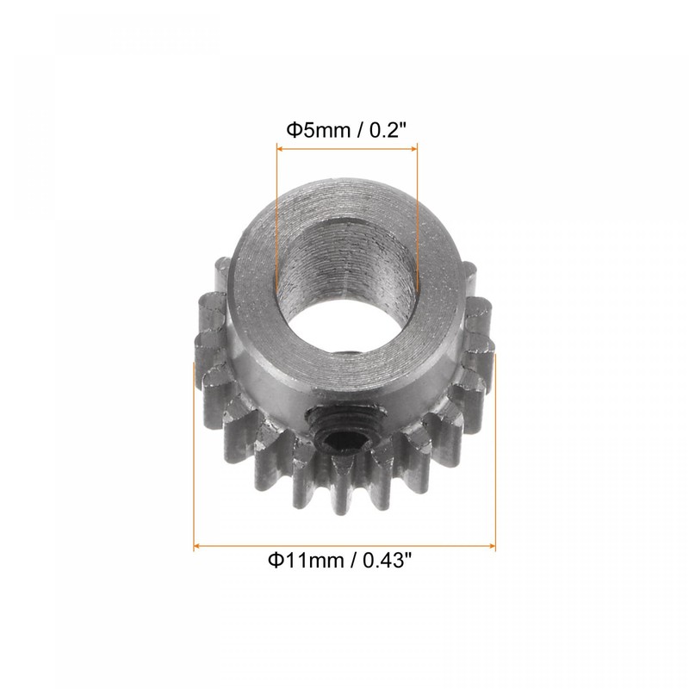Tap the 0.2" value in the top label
point(385,130)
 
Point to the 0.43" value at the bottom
point(387,561)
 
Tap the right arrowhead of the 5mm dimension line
point(414,149)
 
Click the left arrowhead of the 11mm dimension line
point(197,546)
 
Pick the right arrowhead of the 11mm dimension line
point(492,546)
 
